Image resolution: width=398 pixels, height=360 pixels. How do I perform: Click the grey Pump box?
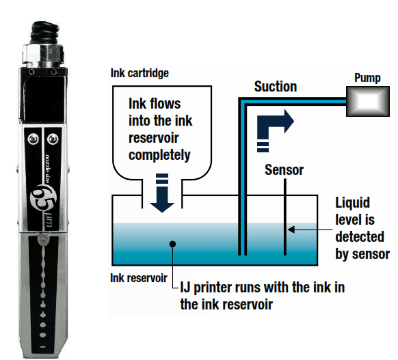click(x=368, y=101)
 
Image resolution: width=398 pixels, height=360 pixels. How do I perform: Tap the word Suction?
click(x=276, y=87)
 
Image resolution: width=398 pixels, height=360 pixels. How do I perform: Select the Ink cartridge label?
click(x=140, y=73)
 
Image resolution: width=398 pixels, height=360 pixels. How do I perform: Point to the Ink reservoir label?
click(x=139, y=278)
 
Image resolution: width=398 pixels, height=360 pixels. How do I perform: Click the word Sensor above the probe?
click(x=284, y=170)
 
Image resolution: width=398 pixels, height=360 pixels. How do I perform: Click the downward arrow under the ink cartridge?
click(x=162, y=193)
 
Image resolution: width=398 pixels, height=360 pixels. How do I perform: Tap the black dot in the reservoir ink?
click(x=172, y=244)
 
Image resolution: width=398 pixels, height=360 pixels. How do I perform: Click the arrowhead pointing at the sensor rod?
click(x=291, y=230)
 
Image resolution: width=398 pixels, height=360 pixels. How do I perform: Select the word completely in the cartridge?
click(x=159, y=155)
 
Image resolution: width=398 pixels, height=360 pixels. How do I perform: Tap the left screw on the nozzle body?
click(x=34, y=139)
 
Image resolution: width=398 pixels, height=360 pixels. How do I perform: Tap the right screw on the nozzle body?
click(x=53, y=139)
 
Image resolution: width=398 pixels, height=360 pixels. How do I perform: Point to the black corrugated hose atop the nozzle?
click(x=45, y=32)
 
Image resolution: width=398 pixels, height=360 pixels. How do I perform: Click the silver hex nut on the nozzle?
click(x=42, y=53)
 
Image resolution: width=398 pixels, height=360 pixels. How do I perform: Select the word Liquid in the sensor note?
click(x=352, y=203)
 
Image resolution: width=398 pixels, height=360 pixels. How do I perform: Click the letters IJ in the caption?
click(x=185, y=288)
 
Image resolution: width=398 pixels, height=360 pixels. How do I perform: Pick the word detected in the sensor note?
click(x=360, y=237)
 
